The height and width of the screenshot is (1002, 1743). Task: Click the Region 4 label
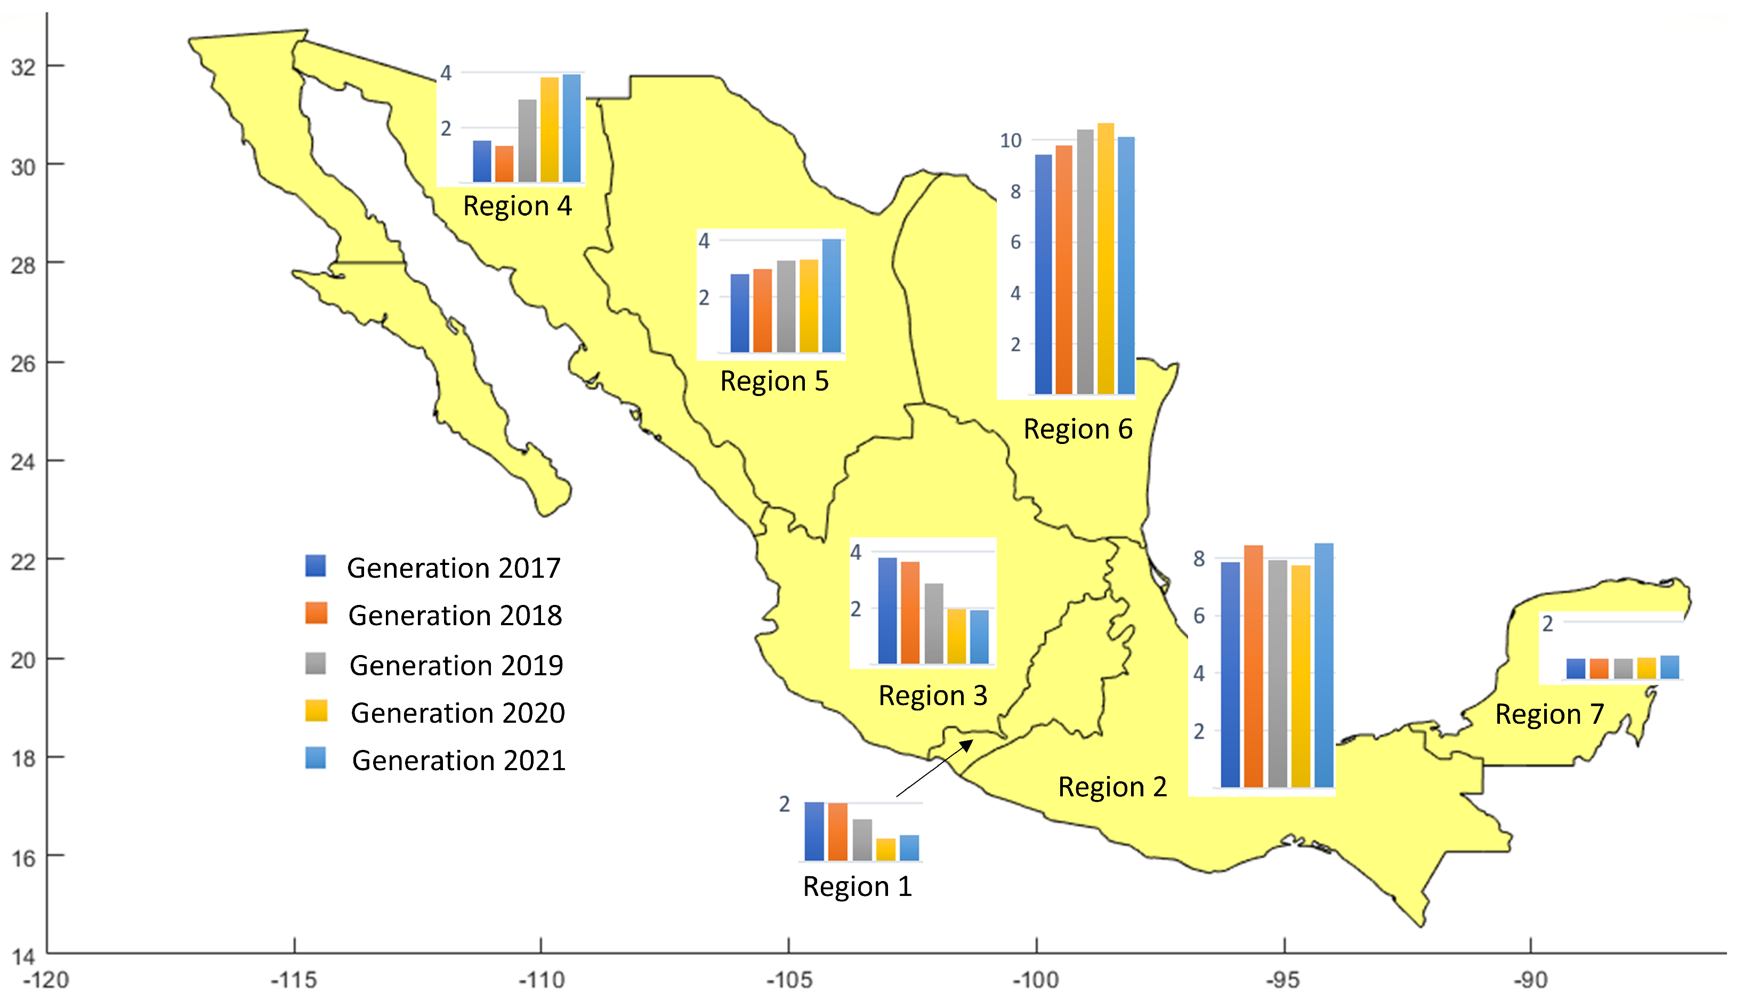tap(518, 206)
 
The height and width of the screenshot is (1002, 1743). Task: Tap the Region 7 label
tap(1550, 714)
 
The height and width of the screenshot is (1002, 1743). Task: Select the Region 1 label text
tap(858, 886)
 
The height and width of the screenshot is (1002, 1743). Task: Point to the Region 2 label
tap(1112, 787)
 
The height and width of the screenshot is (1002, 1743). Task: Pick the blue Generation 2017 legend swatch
tap(316, 565)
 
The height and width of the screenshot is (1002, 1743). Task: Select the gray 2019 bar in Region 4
tap(527, 141)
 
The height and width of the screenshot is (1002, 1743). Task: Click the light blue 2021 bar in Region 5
tap(831, 296)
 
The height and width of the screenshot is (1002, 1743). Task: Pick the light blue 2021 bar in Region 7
tap(1670, 667)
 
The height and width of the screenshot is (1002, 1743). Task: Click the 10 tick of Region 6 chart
tap(1011, 140)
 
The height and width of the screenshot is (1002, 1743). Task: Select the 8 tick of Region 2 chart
tap(1199, 559)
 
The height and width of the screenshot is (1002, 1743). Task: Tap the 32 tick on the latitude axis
tap(23, 67)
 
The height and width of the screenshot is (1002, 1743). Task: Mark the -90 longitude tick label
tap(1530, 979)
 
